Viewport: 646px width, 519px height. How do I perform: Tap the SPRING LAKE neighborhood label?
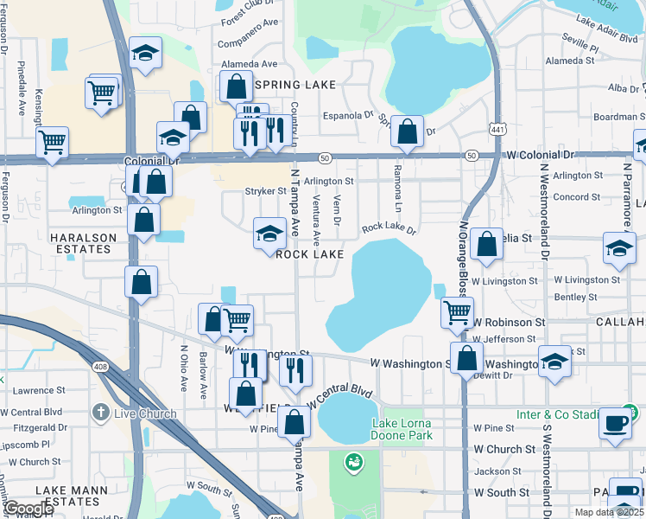point(289,85)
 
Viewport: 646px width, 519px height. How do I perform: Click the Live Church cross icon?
point(102,413)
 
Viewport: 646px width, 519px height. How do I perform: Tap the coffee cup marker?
point(615,423)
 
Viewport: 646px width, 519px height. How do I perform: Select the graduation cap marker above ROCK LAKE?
point(269,233)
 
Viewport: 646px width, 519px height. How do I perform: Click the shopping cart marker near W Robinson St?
point(457,311)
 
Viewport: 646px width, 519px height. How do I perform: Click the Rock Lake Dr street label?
point(389,230)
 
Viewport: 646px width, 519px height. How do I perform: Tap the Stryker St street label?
point(265,191)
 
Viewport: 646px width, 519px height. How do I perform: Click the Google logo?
point(28,508)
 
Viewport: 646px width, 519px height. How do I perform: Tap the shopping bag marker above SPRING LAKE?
point(236,86)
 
